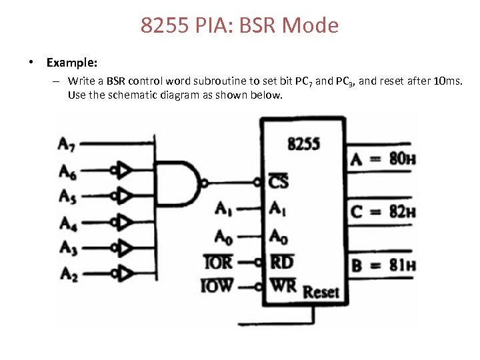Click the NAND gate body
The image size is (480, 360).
(x=178, y=183)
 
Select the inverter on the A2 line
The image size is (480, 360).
(x=122, y=273)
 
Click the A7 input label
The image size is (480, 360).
(x=67, y=144)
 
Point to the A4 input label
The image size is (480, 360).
(x=68, y=223)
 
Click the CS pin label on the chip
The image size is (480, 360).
(x=278, y=181)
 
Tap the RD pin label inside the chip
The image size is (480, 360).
(x=282, y=262)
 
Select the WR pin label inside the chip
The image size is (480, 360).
(x=283, y=285)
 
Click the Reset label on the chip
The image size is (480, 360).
(x=321, y=293)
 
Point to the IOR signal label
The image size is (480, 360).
(x=218, y=262)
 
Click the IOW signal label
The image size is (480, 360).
(x=217, y=285)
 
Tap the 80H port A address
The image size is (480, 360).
(x=403, y=159)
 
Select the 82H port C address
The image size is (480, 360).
(x=403, y=211)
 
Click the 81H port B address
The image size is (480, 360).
(x=403, y=265)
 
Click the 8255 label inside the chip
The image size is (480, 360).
(x=304, y=143)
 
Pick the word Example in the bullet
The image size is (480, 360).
(x=72, y=63)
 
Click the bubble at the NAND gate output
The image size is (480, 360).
(x=204, y=184)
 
